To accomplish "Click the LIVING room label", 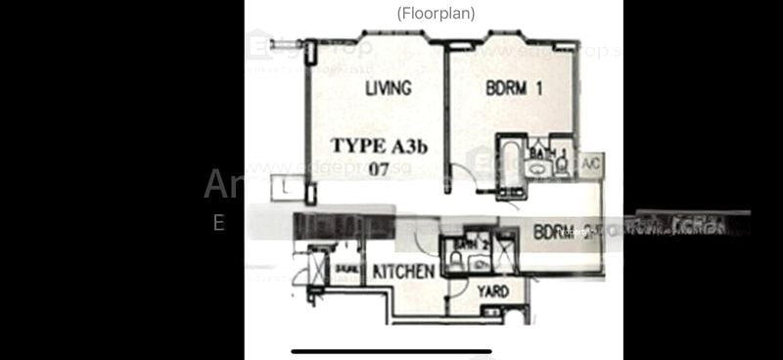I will pyautogui.click(x=388, y=89).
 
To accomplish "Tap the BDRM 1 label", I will pyautogui.click(x=514, y=89).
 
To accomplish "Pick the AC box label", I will pyautogui.click(x=590, y=164).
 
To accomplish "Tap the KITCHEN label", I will pyautogui.click(x=401, y=272).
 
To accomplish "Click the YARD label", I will pyautogui.click(x=491, y=292).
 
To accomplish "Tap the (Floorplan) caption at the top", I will pyautogui.click(x=436, y=14).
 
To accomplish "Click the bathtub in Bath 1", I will pyautogui.click(x=511, y=157).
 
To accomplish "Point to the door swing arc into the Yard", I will pyautogui.click(x=460, y=291).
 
